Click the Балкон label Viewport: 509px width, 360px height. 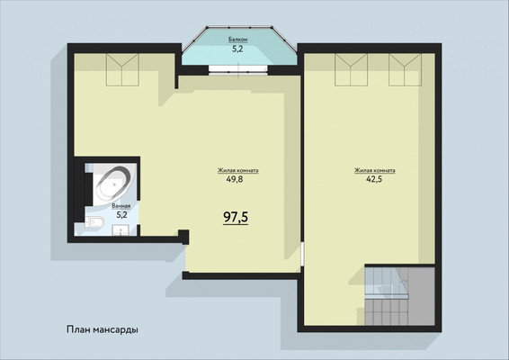tap(238, 40)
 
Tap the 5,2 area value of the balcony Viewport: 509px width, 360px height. tap(237, 49)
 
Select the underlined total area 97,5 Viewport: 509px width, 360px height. tap(236, 218)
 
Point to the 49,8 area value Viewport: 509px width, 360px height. tap(235, 179)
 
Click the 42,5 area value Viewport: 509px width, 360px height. tap(374, 179)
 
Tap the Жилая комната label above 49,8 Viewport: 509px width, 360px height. tap(238, 170)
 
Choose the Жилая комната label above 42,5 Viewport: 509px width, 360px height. tap(375, 170)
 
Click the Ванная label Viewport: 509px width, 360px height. tap(121, 206)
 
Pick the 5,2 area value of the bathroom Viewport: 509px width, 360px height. tap(121, 214)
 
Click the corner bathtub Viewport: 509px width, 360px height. tap(112, 184)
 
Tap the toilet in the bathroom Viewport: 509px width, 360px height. tap(95, 222)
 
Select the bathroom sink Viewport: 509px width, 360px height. tap(121, 230)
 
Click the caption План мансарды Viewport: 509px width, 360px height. tap(103, 329)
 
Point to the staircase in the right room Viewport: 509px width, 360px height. tap(399, 295)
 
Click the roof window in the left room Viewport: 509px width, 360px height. tap(122, 70)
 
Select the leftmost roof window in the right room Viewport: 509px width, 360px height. tap(351, 70)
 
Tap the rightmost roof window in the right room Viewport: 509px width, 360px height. tap(405, 70)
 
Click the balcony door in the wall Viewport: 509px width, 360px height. tap(238, 70)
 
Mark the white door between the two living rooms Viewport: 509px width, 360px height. tap(302, 254)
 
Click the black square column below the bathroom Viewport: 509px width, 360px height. tap(183, 237)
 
